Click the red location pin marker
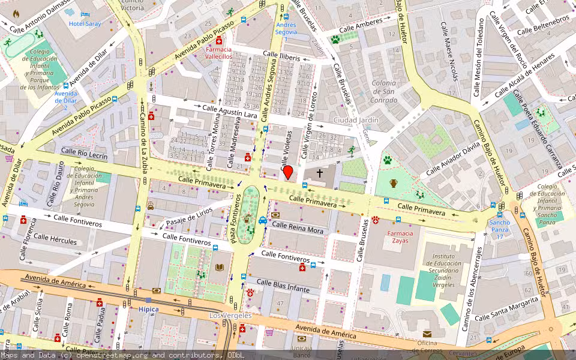[288, 172]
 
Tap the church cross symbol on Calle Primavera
[320, 173]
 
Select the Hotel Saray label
[85, 23]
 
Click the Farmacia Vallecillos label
[219, 52]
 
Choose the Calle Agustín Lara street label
[230, 112]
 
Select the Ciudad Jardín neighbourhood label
[356, 120]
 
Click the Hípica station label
[148, 310]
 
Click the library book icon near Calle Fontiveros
[220, 268]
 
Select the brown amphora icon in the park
[393, 183]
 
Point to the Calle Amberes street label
[361, 26]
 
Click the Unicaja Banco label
[302, 351]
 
